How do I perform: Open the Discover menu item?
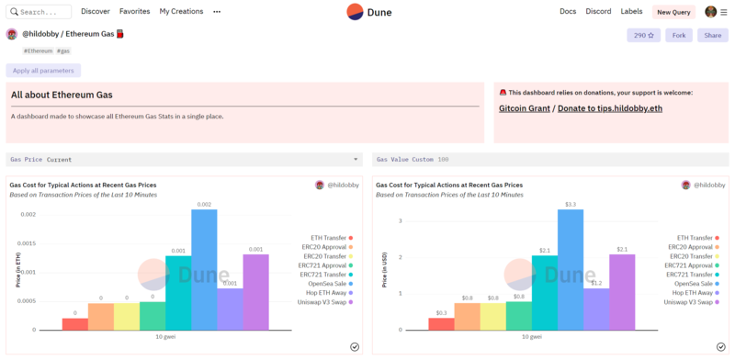95,12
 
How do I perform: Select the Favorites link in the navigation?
134,12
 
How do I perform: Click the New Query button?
673,12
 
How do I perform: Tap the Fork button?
678,36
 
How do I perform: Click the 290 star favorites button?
643,36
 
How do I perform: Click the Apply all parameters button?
43,71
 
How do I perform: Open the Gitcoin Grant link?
524,109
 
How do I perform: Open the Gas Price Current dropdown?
184,160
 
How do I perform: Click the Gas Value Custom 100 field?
549,160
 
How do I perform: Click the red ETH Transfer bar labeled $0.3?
441,323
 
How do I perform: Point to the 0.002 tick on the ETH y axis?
28,215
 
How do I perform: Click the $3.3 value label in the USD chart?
570,204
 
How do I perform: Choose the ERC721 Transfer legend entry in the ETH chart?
324,274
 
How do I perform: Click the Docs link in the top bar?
568,12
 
